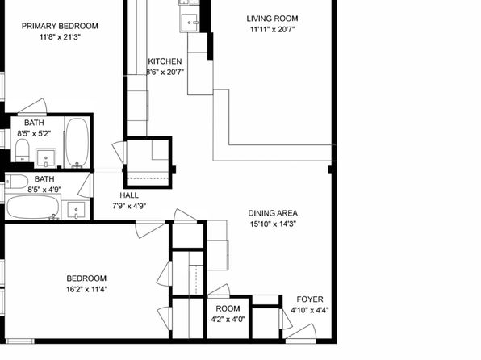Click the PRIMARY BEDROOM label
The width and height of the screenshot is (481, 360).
coord(60,26)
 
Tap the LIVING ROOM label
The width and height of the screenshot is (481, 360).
coord(272,19)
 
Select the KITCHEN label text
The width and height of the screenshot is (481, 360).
coord(165,61)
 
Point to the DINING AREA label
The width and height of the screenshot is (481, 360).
coord(273,213)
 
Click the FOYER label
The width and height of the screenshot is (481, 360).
coord(310,299)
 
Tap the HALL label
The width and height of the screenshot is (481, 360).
coord(129,195)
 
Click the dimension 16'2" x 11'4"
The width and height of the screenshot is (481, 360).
coord(87,289)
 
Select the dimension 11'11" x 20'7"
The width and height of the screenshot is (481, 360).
coord(273,30)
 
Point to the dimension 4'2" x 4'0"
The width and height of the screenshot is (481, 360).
coord(228,320)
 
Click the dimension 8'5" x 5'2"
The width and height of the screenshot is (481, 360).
coord(34,133)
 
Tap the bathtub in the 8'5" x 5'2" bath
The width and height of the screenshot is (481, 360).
coord(77,143)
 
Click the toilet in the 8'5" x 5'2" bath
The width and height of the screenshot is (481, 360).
coord(22,150)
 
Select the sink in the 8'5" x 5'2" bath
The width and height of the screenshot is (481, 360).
coord(46,158)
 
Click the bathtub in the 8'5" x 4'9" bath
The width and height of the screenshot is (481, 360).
coord(33,207)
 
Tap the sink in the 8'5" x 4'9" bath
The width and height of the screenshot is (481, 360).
coord(76,210)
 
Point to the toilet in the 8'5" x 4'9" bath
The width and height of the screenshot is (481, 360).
coord(17,182)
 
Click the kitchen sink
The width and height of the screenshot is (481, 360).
coord(190,23)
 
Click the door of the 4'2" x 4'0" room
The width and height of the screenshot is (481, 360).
coord(219,291)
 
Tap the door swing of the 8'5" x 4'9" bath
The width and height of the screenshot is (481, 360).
coord(86,185)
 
